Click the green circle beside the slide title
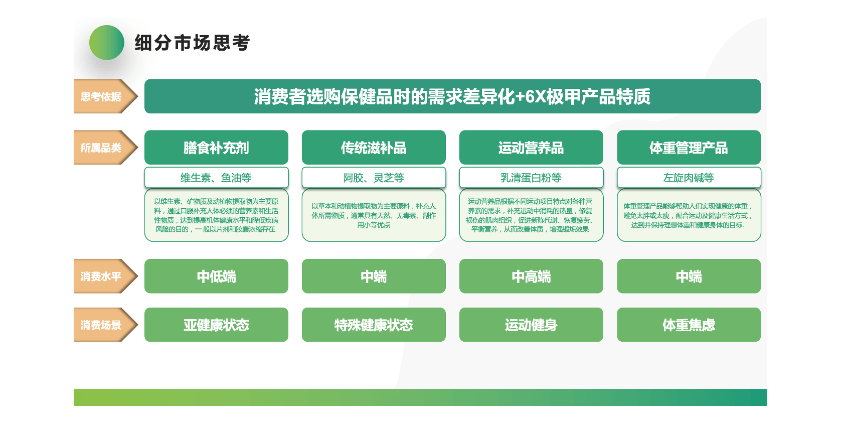pos(107,43)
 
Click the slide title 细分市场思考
pos(192,43)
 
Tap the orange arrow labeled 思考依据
pos(106,96)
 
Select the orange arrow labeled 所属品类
pos(106,147)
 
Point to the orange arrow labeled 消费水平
pos(106,276)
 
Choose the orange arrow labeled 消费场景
pos(106,325)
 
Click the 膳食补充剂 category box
pos(216,147)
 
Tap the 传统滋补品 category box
pos(374,147)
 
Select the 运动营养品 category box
pos(531,147)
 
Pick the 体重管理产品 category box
pos(689,147)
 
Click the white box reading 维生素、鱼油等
pos(216,177)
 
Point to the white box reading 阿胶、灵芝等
pos(374,177)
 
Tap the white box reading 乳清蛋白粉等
pos(531,177)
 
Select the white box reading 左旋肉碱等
pos(689,177)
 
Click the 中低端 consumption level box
pos(216,276)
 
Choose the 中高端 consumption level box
pos(531,276)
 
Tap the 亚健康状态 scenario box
pos(216,325)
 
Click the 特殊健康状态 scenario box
pos(374,325)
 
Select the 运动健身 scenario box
pos(531,325)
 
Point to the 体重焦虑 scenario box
pos(689,325)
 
